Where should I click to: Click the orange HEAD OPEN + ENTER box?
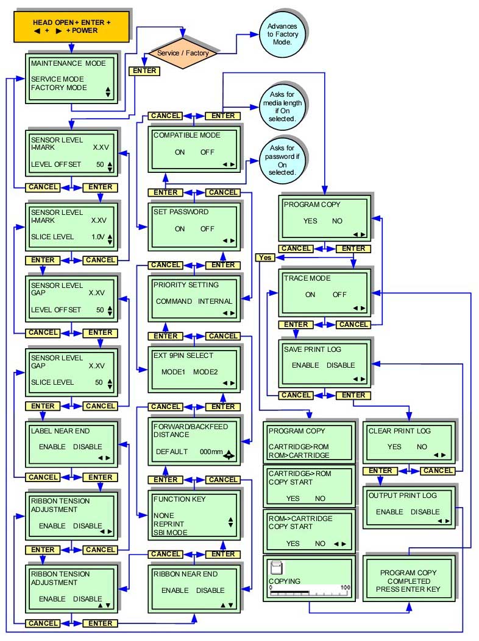(71, 26)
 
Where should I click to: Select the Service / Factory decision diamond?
(183, 53)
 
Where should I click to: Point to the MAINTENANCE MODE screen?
(71, 78)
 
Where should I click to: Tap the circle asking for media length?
(282, 107)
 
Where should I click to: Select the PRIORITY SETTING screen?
(195, 297)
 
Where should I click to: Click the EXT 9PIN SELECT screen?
(195, 368)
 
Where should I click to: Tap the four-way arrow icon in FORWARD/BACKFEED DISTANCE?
(228, 454)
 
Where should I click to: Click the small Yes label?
(265, 257)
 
